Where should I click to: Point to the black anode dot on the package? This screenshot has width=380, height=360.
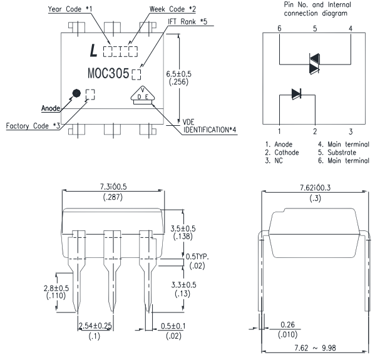coord(76,94)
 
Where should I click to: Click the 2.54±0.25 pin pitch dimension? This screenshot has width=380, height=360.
coord(100,325)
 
